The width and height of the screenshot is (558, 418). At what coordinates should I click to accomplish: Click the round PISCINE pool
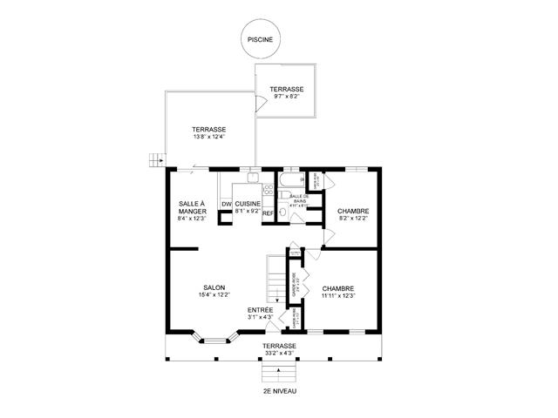coord(259,39)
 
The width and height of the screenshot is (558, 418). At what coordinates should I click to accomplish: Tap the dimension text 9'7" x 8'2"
coord(286,97)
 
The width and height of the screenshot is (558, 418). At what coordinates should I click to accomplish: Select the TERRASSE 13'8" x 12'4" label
coord(209,133)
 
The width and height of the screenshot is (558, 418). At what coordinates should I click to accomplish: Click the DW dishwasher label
coord(226,204)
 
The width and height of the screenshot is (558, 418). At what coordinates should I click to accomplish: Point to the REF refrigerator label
coord(269,212)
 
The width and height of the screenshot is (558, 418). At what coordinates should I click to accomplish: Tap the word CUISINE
coord(248,203)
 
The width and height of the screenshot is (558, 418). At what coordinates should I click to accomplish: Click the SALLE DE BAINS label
coord(298,199)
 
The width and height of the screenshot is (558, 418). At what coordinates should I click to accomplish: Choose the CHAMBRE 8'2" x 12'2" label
coord(352,214)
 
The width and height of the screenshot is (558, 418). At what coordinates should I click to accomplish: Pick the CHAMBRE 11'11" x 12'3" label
coord(337,292)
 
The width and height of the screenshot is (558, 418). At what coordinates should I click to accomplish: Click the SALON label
coord(214,292)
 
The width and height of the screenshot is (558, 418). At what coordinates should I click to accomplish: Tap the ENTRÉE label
coord(260,313)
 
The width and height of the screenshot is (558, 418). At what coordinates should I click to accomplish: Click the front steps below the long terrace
coord(279,372)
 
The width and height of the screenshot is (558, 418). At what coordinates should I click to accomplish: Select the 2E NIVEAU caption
coord(279,392)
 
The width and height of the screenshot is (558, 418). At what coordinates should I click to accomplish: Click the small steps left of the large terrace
coord(155,159)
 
